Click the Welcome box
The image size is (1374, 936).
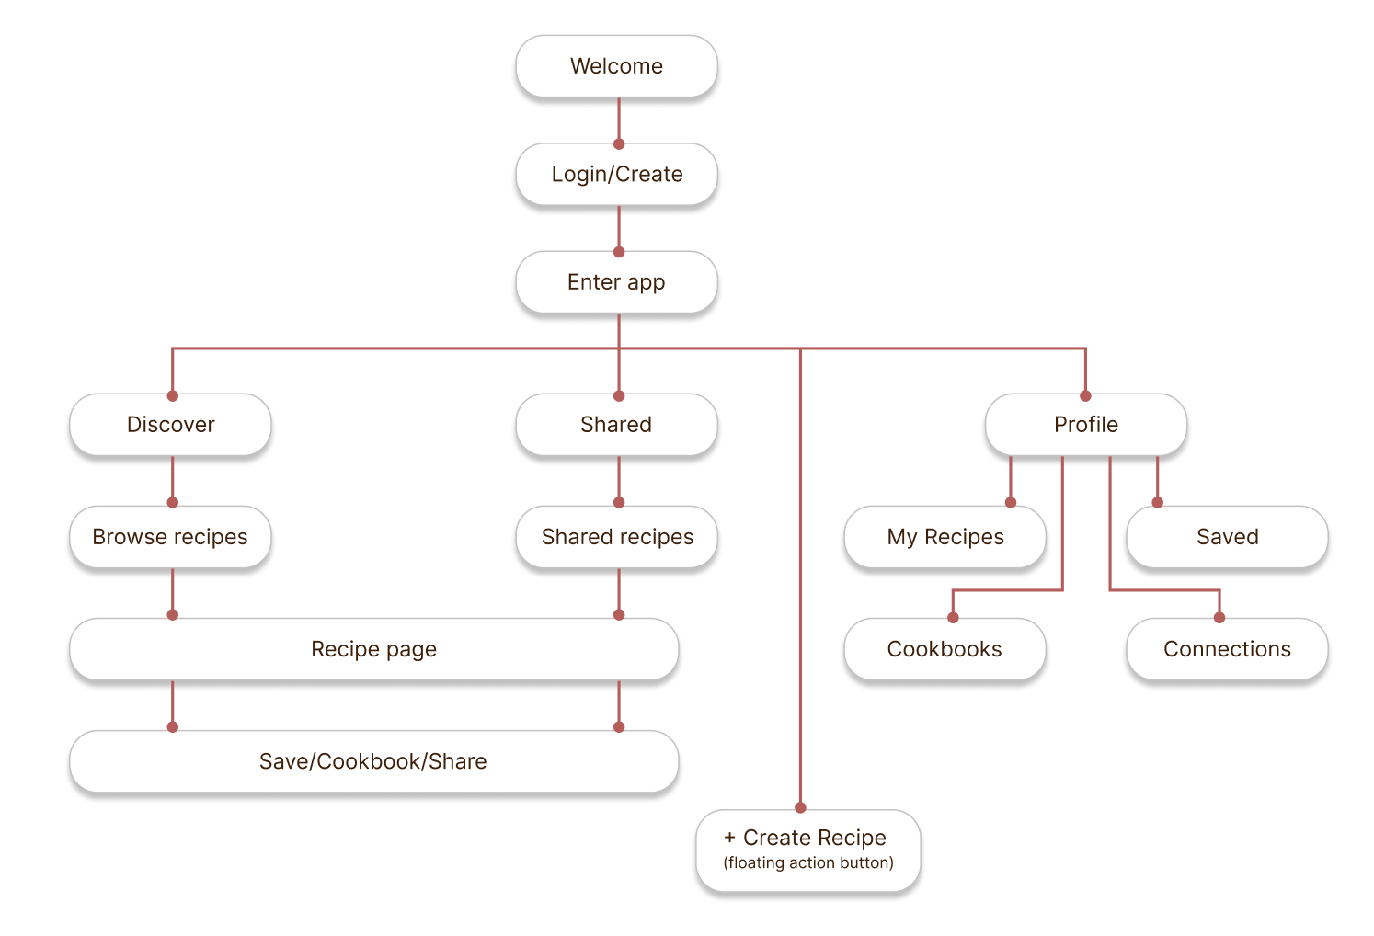(616, 66)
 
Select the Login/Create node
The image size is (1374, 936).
(616, 175)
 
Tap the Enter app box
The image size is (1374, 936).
(616, 282)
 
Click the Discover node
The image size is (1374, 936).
(170, 425)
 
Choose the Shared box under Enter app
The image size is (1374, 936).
(616, 425)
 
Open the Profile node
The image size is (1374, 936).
(1085, 425)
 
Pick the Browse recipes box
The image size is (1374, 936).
(170, 537)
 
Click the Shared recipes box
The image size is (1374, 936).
(616, 537)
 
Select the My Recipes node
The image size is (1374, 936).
(945, 537)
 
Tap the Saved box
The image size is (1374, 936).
(1227, 537)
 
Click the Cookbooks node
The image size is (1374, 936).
(945, 649)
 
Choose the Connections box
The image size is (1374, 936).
(1227, 649)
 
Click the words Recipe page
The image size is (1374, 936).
(373, 649)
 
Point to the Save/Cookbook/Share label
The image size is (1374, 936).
(373, 761)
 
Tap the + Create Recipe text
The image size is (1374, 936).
(806, 838)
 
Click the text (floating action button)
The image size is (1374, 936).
(808, 862)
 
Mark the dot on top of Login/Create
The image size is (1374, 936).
(619, 144)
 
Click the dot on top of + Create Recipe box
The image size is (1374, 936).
(800, 808)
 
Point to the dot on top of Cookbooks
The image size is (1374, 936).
(953, 618)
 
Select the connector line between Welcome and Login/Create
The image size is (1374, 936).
(619, 120)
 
